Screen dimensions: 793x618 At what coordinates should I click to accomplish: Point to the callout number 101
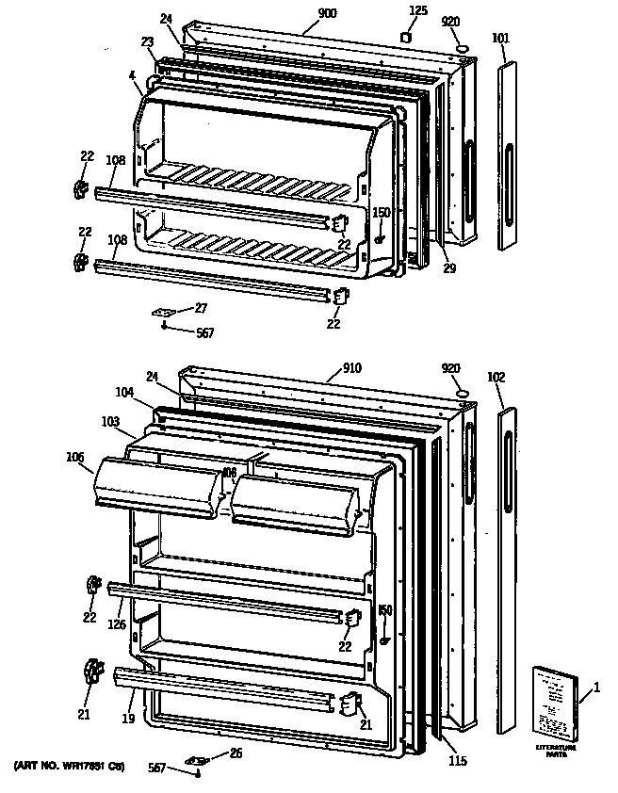click(500, 39)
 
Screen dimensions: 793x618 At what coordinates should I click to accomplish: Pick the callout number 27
click(201, 307)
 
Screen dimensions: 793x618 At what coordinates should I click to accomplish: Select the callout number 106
click(74, 459)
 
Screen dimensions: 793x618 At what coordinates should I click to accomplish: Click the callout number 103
click(111, 423)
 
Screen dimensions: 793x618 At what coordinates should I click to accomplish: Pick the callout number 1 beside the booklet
click(595, 694)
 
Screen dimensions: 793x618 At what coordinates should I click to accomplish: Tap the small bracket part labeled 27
click(167, 311)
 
